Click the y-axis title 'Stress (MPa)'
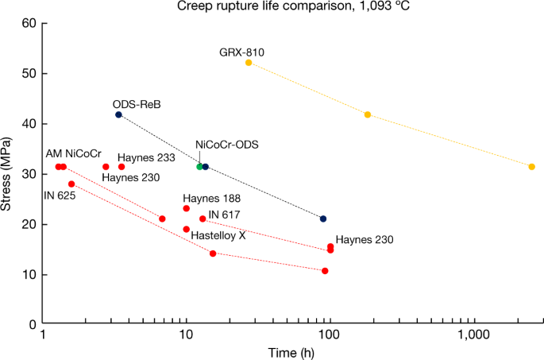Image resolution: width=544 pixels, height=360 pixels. click(10, 174)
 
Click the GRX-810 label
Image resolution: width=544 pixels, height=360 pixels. click(241, 52)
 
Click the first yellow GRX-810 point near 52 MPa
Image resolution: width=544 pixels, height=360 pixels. click(249, 63)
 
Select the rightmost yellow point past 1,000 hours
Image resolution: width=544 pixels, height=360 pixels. click(531, 167)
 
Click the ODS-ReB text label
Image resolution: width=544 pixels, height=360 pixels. click(137, 103)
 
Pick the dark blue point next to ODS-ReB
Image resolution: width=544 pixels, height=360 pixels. click(118, 114)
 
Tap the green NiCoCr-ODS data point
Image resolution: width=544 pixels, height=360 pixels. click(199, 167)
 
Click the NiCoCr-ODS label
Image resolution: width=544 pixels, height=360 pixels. click(227, 145)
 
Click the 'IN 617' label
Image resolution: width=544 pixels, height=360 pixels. click(224, 215)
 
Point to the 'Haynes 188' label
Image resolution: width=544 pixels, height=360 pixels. click(211, 198)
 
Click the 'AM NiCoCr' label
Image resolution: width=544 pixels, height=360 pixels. click(73, 153)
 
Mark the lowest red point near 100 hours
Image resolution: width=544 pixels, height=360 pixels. click(325, 271)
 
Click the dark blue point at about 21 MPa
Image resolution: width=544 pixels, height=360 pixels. click(322, 219)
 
